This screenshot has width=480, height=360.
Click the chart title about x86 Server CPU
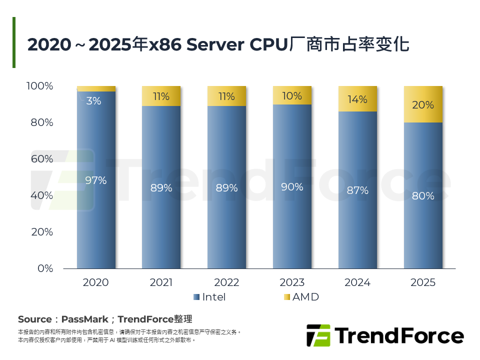click(218, 44)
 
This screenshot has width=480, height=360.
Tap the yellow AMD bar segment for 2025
click(423, 104)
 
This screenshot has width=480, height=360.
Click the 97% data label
click(96, 180)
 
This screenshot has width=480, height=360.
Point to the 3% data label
click(93, 101)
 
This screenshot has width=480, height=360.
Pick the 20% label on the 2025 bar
click(423, 105)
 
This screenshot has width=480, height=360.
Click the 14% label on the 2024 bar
click(357, 99)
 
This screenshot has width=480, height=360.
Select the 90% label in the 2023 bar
click(292, 187)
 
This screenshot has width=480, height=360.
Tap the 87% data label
click(357, 190)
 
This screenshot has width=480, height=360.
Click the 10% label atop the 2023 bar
click(292, 96)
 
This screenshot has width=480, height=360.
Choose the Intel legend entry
click(209, 297)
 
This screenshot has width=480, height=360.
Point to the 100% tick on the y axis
click(39, 86)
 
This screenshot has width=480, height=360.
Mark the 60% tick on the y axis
click(42, 159)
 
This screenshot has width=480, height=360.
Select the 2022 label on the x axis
click(226, 282)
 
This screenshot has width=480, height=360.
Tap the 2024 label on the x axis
click(357, 282)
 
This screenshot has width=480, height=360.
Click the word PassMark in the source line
click(82, 319)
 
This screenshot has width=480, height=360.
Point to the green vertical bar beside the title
click(14, 42)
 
